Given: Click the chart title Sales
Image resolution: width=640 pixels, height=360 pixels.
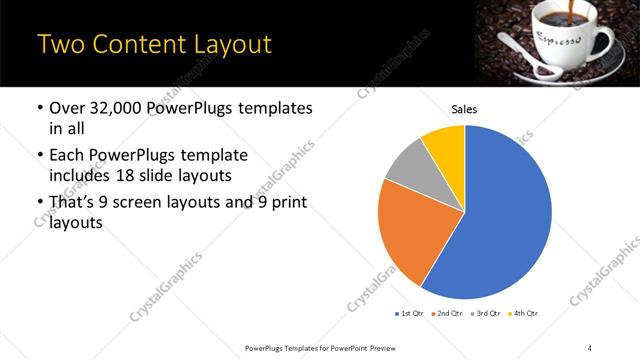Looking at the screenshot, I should [465, 109].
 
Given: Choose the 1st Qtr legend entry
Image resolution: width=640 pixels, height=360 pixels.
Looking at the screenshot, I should [410, 313].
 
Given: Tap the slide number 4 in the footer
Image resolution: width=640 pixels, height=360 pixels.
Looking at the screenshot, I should [589, 347].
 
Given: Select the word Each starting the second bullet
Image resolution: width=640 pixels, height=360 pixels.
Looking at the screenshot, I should [66, 156].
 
